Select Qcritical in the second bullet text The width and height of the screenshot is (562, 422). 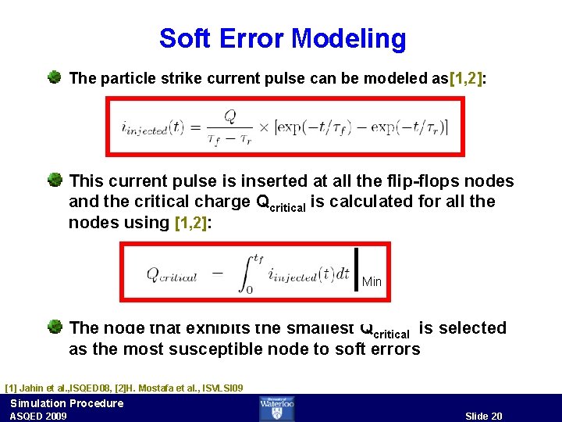[x=282, y=202]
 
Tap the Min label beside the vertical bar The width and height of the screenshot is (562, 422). [x=372, y=281]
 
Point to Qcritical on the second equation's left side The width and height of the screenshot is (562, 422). [x=172, y=275]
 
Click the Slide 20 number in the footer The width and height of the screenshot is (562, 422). [x=484, y=416]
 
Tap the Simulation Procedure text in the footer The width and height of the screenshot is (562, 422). [x=66, y=403]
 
